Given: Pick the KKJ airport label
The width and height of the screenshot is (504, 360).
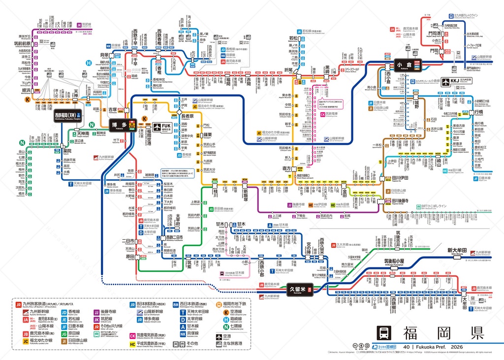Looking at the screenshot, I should (450, 82).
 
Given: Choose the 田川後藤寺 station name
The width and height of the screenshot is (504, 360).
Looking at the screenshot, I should (403, 201).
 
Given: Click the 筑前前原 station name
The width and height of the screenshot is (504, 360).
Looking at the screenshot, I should (22, 43).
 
